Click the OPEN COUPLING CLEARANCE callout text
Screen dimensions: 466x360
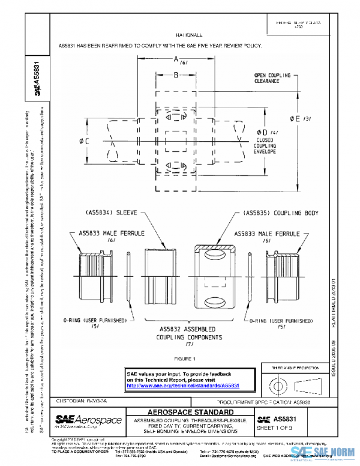point(268,78)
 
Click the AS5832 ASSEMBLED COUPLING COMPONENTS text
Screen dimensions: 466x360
point(190,333)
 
